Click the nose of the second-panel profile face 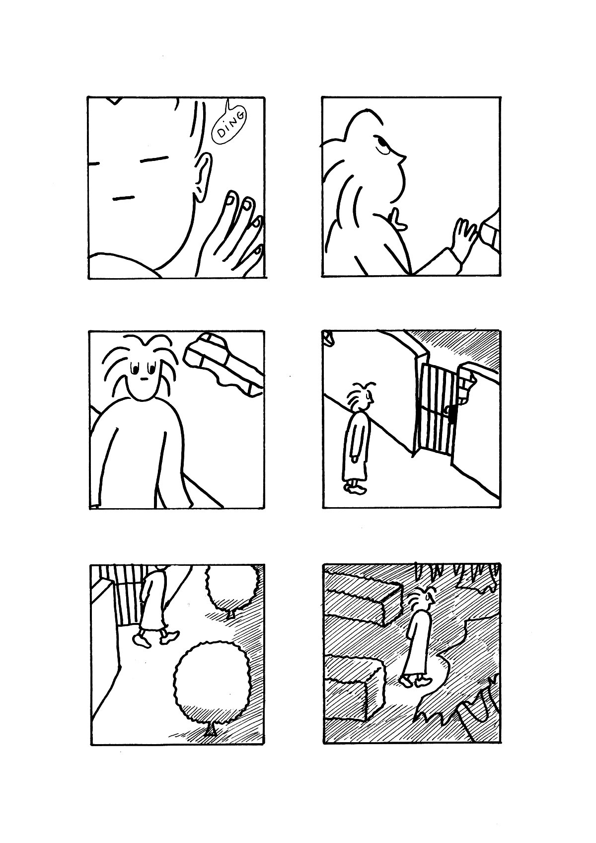pos(404,158)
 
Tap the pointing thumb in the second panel pos(397,221)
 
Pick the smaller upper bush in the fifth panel pos(232,588)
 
